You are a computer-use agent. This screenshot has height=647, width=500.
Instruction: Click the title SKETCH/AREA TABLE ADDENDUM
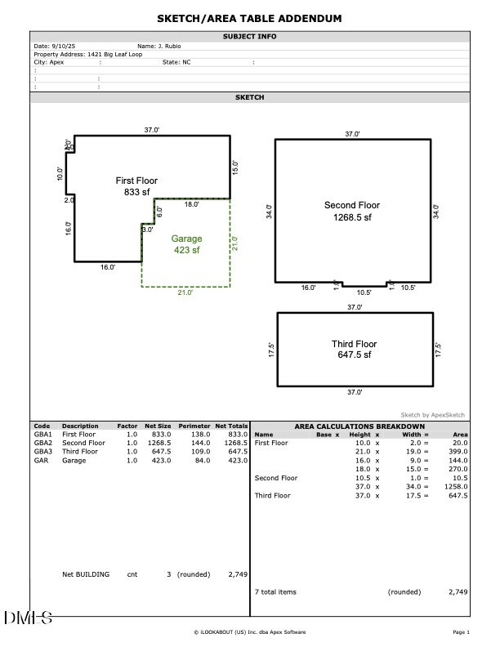[250, 19]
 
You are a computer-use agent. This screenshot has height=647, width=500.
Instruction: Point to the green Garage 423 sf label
[186, 244]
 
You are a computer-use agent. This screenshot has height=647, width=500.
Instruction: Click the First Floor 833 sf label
[136, 186]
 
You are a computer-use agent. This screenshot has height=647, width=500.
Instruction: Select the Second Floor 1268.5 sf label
[352, 212]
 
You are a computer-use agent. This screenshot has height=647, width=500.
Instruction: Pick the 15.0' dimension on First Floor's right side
[235, 167]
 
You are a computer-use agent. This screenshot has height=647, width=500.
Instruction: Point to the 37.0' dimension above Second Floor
[352, 134]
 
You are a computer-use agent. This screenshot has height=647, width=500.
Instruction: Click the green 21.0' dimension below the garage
[185, 292]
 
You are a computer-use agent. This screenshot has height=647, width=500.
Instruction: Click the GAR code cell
[40, 460]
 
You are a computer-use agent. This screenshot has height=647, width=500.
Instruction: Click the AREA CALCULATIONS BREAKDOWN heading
[359, 426]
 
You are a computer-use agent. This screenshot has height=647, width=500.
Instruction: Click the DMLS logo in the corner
[28, 618]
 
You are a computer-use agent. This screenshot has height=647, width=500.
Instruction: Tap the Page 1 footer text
[461, 631]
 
